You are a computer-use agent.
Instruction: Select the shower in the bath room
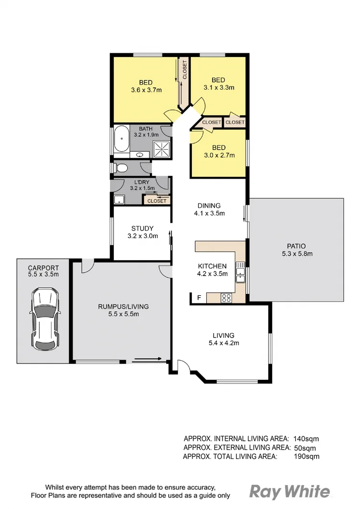[x=162, y=148]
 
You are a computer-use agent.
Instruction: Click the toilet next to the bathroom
[x=121, y=168]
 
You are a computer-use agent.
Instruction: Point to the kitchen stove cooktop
[x=225, y=298]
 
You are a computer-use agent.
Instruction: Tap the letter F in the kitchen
[x=199, y=298]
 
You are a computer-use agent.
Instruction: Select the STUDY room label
[x=142, y=228]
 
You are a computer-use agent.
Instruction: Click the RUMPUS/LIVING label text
[x=123, y=306]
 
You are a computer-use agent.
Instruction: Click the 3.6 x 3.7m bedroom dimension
[x=146, y=90]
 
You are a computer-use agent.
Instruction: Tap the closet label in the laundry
[x=157, y=201]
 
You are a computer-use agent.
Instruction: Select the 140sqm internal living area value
[x=306, y=438]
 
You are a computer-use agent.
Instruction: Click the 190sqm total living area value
[x=306, y=456]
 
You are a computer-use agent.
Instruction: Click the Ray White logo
[x=290, y=491]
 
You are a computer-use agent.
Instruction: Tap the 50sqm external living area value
[x=304, y=448]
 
